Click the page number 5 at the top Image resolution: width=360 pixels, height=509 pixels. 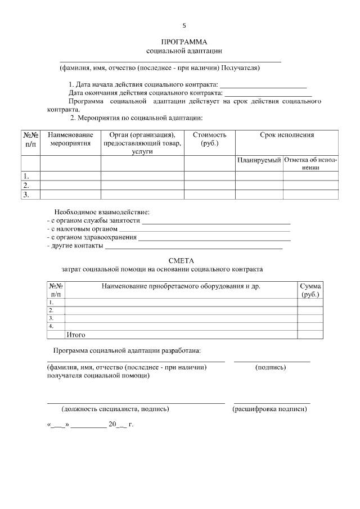[x=184, y=25]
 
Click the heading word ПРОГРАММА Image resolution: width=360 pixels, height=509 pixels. [x=184, y=42]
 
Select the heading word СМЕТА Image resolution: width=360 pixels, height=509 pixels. [x=181, y=260]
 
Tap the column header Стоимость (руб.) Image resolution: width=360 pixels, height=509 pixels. [x=209, y=139]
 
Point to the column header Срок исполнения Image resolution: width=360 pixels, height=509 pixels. [x=286, y=135]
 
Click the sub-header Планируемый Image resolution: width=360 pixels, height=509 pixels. [x=259, y=160]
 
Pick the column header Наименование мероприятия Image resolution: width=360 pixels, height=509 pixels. [x=70, y=139]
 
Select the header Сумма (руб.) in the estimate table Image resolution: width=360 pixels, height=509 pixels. [x=310, y=290]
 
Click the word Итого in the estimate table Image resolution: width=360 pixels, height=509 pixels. [x=76, y=335]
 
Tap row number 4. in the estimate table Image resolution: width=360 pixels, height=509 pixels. [x=51, y=326]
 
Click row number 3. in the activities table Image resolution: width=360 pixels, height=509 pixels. [x=26, y=195]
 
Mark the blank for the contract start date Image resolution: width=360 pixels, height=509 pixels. [x=263, y=85]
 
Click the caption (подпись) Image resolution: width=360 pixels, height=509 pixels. [x=271, y=367]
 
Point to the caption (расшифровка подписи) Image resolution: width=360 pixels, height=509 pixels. [x=270, y=409]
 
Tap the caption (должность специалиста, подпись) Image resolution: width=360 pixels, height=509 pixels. [x=115, y=409]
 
